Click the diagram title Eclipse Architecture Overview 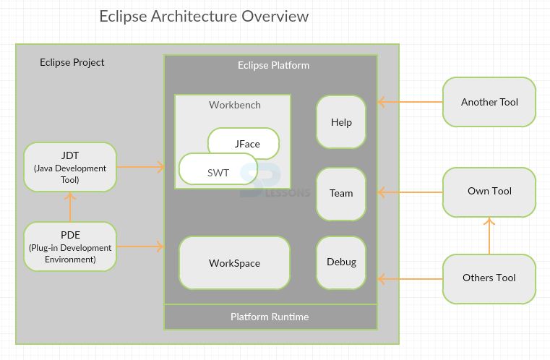[x=204, y=17]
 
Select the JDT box [x=70, y=167]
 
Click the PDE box [x=70, y=247]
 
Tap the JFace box [x=246, y=143]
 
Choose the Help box [x=341, y=122]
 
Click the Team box [x=341, y=193]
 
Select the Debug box [x=341, y=262]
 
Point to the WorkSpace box [x=234, y=263]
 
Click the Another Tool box [x=489, y=102]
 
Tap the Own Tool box [x=489, y=192]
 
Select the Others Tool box [x=489, y=278]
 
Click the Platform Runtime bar [x=270, y=317]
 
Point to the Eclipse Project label [x=72, y=62]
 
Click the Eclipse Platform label [x=273, y=66]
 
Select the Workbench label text [x=235, y=105]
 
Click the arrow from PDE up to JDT [x=70, y=207]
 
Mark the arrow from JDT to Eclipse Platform [x=140, y=168]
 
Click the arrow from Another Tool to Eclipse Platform [x=410, y=103]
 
